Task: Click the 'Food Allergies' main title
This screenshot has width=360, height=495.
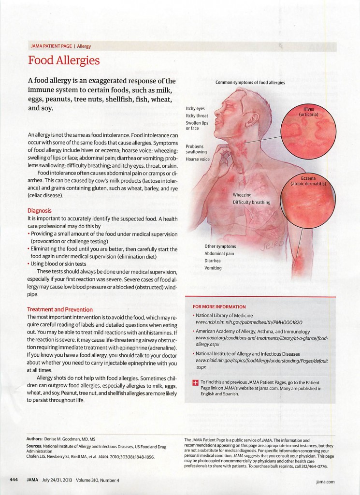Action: point(64,60)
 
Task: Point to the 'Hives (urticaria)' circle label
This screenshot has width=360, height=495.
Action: point(309,112)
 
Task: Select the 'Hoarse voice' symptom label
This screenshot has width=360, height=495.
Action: point(198,159)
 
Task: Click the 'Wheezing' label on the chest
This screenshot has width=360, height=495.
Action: point(243,195)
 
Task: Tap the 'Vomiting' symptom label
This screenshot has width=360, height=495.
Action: point(213,267)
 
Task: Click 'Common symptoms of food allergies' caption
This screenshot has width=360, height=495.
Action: point(250,83)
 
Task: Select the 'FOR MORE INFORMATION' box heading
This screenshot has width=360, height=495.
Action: point(219,306)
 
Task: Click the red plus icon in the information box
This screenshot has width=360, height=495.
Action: point(195,383)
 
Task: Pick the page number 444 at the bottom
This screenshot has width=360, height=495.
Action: point(14,480)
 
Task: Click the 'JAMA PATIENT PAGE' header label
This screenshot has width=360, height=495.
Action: point(50,46)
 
